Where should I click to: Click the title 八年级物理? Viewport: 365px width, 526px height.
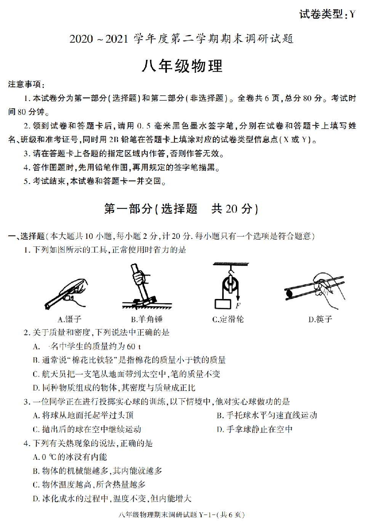pos(182,66)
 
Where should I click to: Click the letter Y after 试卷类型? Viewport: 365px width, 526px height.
pos(352,14)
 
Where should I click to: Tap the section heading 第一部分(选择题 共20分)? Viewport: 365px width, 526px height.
pos(181,209)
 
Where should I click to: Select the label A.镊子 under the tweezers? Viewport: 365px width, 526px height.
pos(69,319)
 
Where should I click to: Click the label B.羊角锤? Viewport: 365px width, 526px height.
pos(147,319)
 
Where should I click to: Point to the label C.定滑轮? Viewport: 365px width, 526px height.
pos(228,319)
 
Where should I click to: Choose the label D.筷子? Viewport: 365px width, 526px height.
pos(320,319)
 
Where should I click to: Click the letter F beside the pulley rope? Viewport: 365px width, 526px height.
pos(238,305)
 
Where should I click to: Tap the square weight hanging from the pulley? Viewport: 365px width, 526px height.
pos(223,304)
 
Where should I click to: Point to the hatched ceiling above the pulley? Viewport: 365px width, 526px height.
pos(231,264)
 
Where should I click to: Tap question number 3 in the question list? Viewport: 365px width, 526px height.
pos(26,402)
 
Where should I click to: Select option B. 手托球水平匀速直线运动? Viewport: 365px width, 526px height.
pos(267,416)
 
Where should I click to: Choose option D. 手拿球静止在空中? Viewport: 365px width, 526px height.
pos(255,429)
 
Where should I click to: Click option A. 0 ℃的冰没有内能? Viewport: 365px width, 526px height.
pos(70,457)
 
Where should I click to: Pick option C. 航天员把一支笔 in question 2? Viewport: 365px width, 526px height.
pos(126,374)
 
